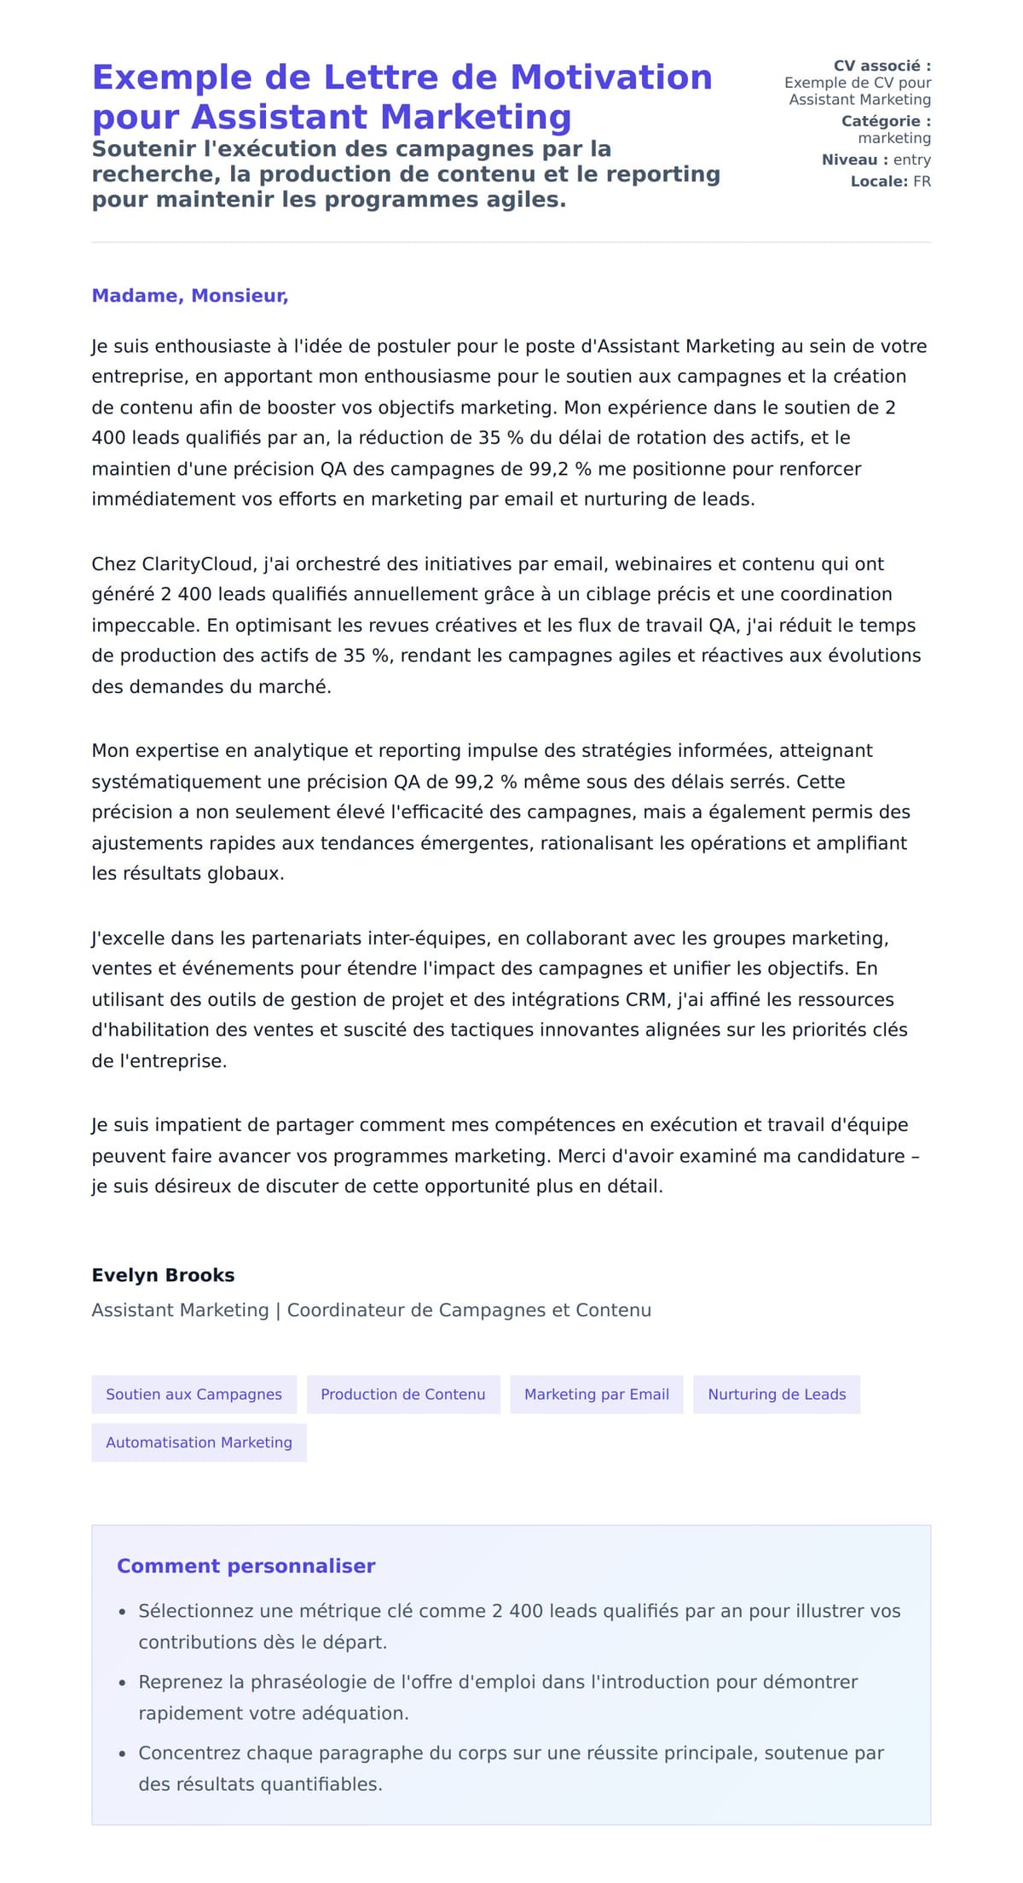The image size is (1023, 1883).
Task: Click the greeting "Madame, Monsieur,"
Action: [190, 296]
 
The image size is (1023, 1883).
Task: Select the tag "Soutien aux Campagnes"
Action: [194, 1395]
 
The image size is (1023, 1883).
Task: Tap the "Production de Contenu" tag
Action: [403, 1395]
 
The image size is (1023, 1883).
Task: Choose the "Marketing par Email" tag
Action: [597, 1395]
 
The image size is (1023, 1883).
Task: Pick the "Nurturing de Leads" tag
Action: [777, 1395]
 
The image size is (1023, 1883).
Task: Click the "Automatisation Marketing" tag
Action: [199, 1442]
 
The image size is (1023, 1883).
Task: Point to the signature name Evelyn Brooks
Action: [163, 1275]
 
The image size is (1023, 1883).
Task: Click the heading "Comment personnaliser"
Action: [246, 1566]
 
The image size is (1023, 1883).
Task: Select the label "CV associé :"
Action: [882, 66]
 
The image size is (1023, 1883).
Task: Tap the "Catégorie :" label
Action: [886, 121]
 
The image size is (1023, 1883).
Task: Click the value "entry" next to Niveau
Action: [912, 159]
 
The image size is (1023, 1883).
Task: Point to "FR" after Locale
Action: [922, 182]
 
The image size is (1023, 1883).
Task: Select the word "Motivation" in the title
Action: [611, 78]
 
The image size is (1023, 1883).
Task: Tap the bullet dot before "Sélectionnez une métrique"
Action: [122, 1612]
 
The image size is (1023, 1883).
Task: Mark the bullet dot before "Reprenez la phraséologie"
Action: [122, 1683]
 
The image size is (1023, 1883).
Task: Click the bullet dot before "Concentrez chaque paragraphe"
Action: [122, 1753]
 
